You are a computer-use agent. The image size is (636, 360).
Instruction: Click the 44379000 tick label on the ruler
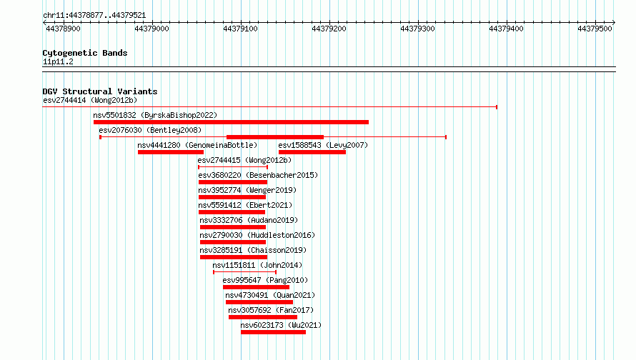pyautogui.click(x=151, y=29)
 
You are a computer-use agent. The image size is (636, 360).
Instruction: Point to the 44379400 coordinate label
pyautogui.click(x=506, y=29)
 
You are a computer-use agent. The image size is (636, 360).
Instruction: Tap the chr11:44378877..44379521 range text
pyautogui.click(x=94, y=16)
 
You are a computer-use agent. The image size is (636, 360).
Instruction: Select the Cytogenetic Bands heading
pyautogui.click(x=85, y=53)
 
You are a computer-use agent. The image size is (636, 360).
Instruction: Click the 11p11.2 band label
pyautogui.click(x=58, y=61)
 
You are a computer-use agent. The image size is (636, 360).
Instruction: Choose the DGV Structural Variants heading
pyautogui.click(x=100, y=91)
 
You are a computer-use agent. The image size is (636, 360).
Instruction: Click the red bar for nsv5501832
pyautogui.click(x=232, y=122)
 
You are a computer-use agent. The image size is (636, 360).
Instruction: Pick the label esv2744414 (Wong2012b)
pyautogui.click(x=90, y=100)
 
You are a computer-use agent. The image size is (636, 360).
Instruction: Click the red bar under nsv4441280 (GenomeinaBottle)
pyautogui.click(x=171, y=152)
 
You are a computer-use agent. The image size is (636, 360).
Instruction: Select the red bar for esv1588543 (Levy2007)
pyautogui.click(x=312, y=152)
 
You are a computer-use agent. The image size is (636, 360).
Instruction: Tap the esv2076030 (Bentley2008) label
pyautogui.click(x=150, y=130)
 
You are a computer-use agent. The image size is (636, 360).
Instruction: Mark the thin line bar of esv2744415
pyautogui.click(x=233, y=167)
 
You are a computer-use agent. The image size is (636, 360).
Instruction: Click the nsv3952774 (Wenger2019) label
pyautogui.click(x=247, y=190)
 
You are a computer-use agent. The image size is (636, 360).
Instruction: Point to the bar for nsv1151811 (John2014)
pyautogui.click(x=244, y=272)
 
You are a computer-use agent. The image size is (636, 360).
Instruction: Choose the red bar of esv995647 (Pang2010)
pyautogui.click(x=256, y=287)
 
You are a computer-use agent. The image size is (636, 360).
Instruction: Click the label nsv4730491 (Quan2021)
pyautogui.click(x=270, y=295)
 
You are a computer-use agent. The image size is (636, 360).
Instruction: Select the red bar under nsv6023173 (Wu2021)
pyautogui.click(x=274, y=332)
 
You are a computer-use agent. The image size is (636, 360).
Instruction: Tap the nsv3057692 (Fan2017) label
pyautogui.click(x=271, y=310)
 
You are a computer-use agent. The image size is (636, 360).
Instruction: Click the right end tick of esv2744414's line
pyautogui.click(x=497, y=107)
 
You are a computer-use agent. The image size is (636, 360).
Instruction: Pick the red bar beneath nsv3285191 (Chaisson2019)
pyautogui.click(x=234, y=257)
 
